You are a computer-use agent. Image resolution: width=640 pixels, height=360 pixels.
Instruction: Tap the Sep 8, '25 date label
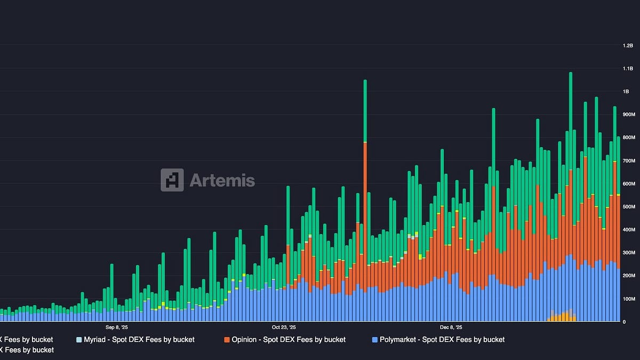(x=117, y=327)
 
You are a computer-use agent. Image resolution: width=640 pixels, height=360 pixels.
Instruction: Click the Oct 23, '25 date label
(x=284, y=327)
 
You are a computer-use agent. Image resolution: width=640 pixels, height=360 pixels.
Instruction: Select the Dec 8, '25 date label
(x=451, y=327)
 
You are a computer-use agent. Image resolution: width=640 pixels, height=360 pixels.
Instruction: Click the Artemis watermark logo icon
(x=172, y=180)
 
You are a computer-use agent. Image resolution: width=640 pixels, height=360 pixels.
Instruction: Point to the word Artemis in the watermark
(x=222, y=181)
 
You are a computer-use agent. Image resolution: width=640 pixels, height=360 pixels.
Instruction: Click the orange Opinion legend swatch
(x=227, y=340)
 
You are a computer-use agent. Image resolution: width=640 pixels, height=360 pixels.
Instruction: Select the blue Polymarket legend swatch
(x=375, y=340)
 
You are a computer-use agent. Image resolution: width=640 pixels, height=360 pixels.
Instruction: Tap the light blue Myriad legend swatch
(x=79, y=340)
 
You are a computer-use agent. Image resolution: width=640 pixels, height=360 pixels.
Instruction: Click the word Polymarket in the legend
(x=399, y=340)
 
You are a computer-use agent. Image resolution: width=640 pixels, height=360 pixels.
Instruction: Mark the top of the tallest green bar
(x=571, y=73)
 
